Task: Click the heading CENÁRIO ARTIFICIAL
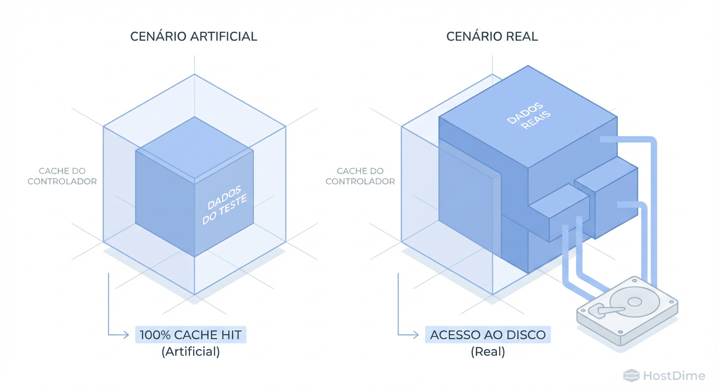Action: pos(194,37)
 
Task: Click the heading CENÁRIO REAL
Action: pos(492,37)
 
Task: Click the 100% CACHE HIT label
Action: pos(190,335)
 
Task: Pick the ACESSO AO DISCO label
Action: pos(488,335)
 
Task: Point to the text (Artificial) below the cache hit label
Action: pos(190,352)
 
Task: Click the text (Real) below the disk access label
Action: pos(488,352)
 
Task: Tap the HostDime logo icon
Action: pos(631,376)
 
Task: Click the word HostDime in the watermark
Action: pos(674,376)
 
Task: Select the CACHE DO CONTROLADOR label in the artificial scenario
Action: pos(62,176)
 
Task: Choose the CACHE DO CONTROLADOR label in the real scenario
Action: pos(360,176)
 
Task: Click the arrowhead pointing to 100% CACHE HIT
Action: pos(126,335)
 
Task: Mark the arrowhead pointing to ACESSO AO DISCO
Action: pos(416,335)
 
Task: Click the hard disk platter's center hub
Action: pos(634,302)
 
